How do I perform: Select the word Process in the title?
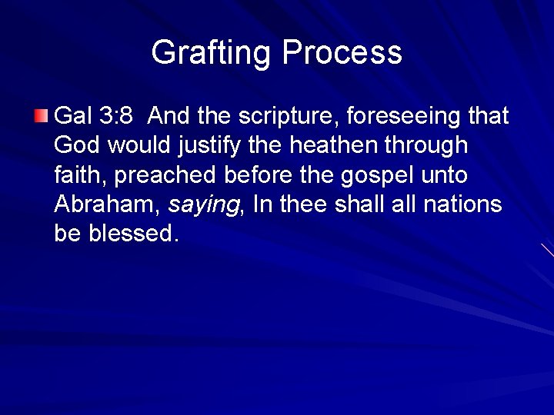(342, 53)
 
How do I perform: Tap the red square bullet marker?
(42, 117)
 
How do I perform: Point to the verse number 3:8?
(117, 116)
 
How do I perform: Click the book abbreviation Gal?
(73, 116)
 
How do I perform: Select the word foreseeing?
(405, 116)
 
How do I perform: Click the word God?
(74, 145)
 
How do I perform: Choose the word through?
(430, 146)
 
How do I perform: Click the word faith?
(82, 175)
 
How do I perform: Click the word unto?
(446, 175)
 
